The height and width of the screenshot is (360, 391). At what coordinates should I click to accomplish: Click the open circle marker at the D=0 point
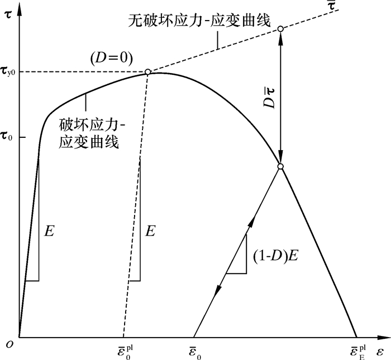pos(147,72)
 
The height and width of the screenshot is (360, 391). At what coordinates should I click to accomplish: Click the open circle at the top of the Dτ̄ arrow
pos(280,29)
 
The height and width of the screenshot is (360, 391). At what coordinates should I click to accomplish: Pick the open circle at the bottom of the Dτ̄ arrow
pos(280,166)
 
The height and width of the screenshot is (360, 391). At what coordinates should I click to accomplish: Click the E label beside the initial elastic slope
pos(49,231)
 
